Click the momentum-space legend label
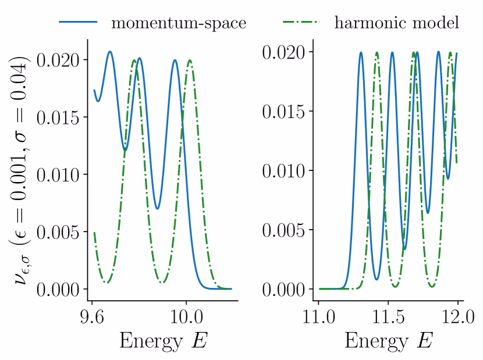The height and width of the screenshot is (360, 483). pyautogui.click(x=179, y=23)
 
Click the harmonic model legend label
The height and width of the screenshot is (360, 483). pyautogui.click(x=397, y=23)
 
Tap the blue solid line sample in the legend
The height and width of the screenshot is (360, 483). pyautogui.click(x=78, y=23)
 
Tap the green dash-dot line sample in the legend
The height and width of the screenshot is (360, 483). pyautogui.click(x=300, y=23)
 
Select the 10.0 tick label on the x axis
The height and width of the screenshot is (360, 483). pyautogui.click(x=186, y=318)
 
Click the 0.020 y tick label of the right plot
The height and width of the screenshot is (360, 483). pyautogui.click(x=285, y=52)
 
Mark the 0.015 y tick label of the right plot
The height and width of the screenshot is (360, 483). pyautogui.click(x=285, y=112)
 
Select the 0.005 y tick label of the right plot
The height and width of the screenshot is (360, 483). pyautogui.click(x=285, y=230)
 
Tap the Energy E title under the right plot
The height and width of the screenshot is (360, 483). pyautogui.click(x=388, y=341)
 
